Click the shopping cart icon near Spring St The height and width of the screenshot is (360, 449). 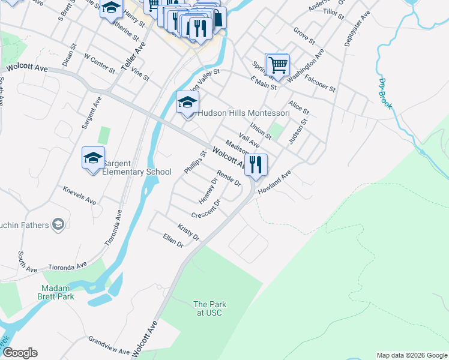coord(277,64)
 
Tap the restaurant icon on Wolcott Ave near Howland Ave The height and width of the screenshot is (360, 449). coord(256,163)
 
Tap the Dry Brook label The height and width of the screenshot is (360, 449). coord(385,94)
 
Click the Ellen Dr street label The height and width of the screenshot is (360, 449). coord(172,241)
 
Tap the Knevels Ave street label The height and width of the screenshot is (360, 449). coord(79,195)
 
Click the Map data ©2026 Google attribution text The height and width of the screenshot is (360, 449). coord(411,355)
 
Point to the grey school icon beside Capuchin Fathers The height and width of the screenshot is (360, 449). coord(58,225)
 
